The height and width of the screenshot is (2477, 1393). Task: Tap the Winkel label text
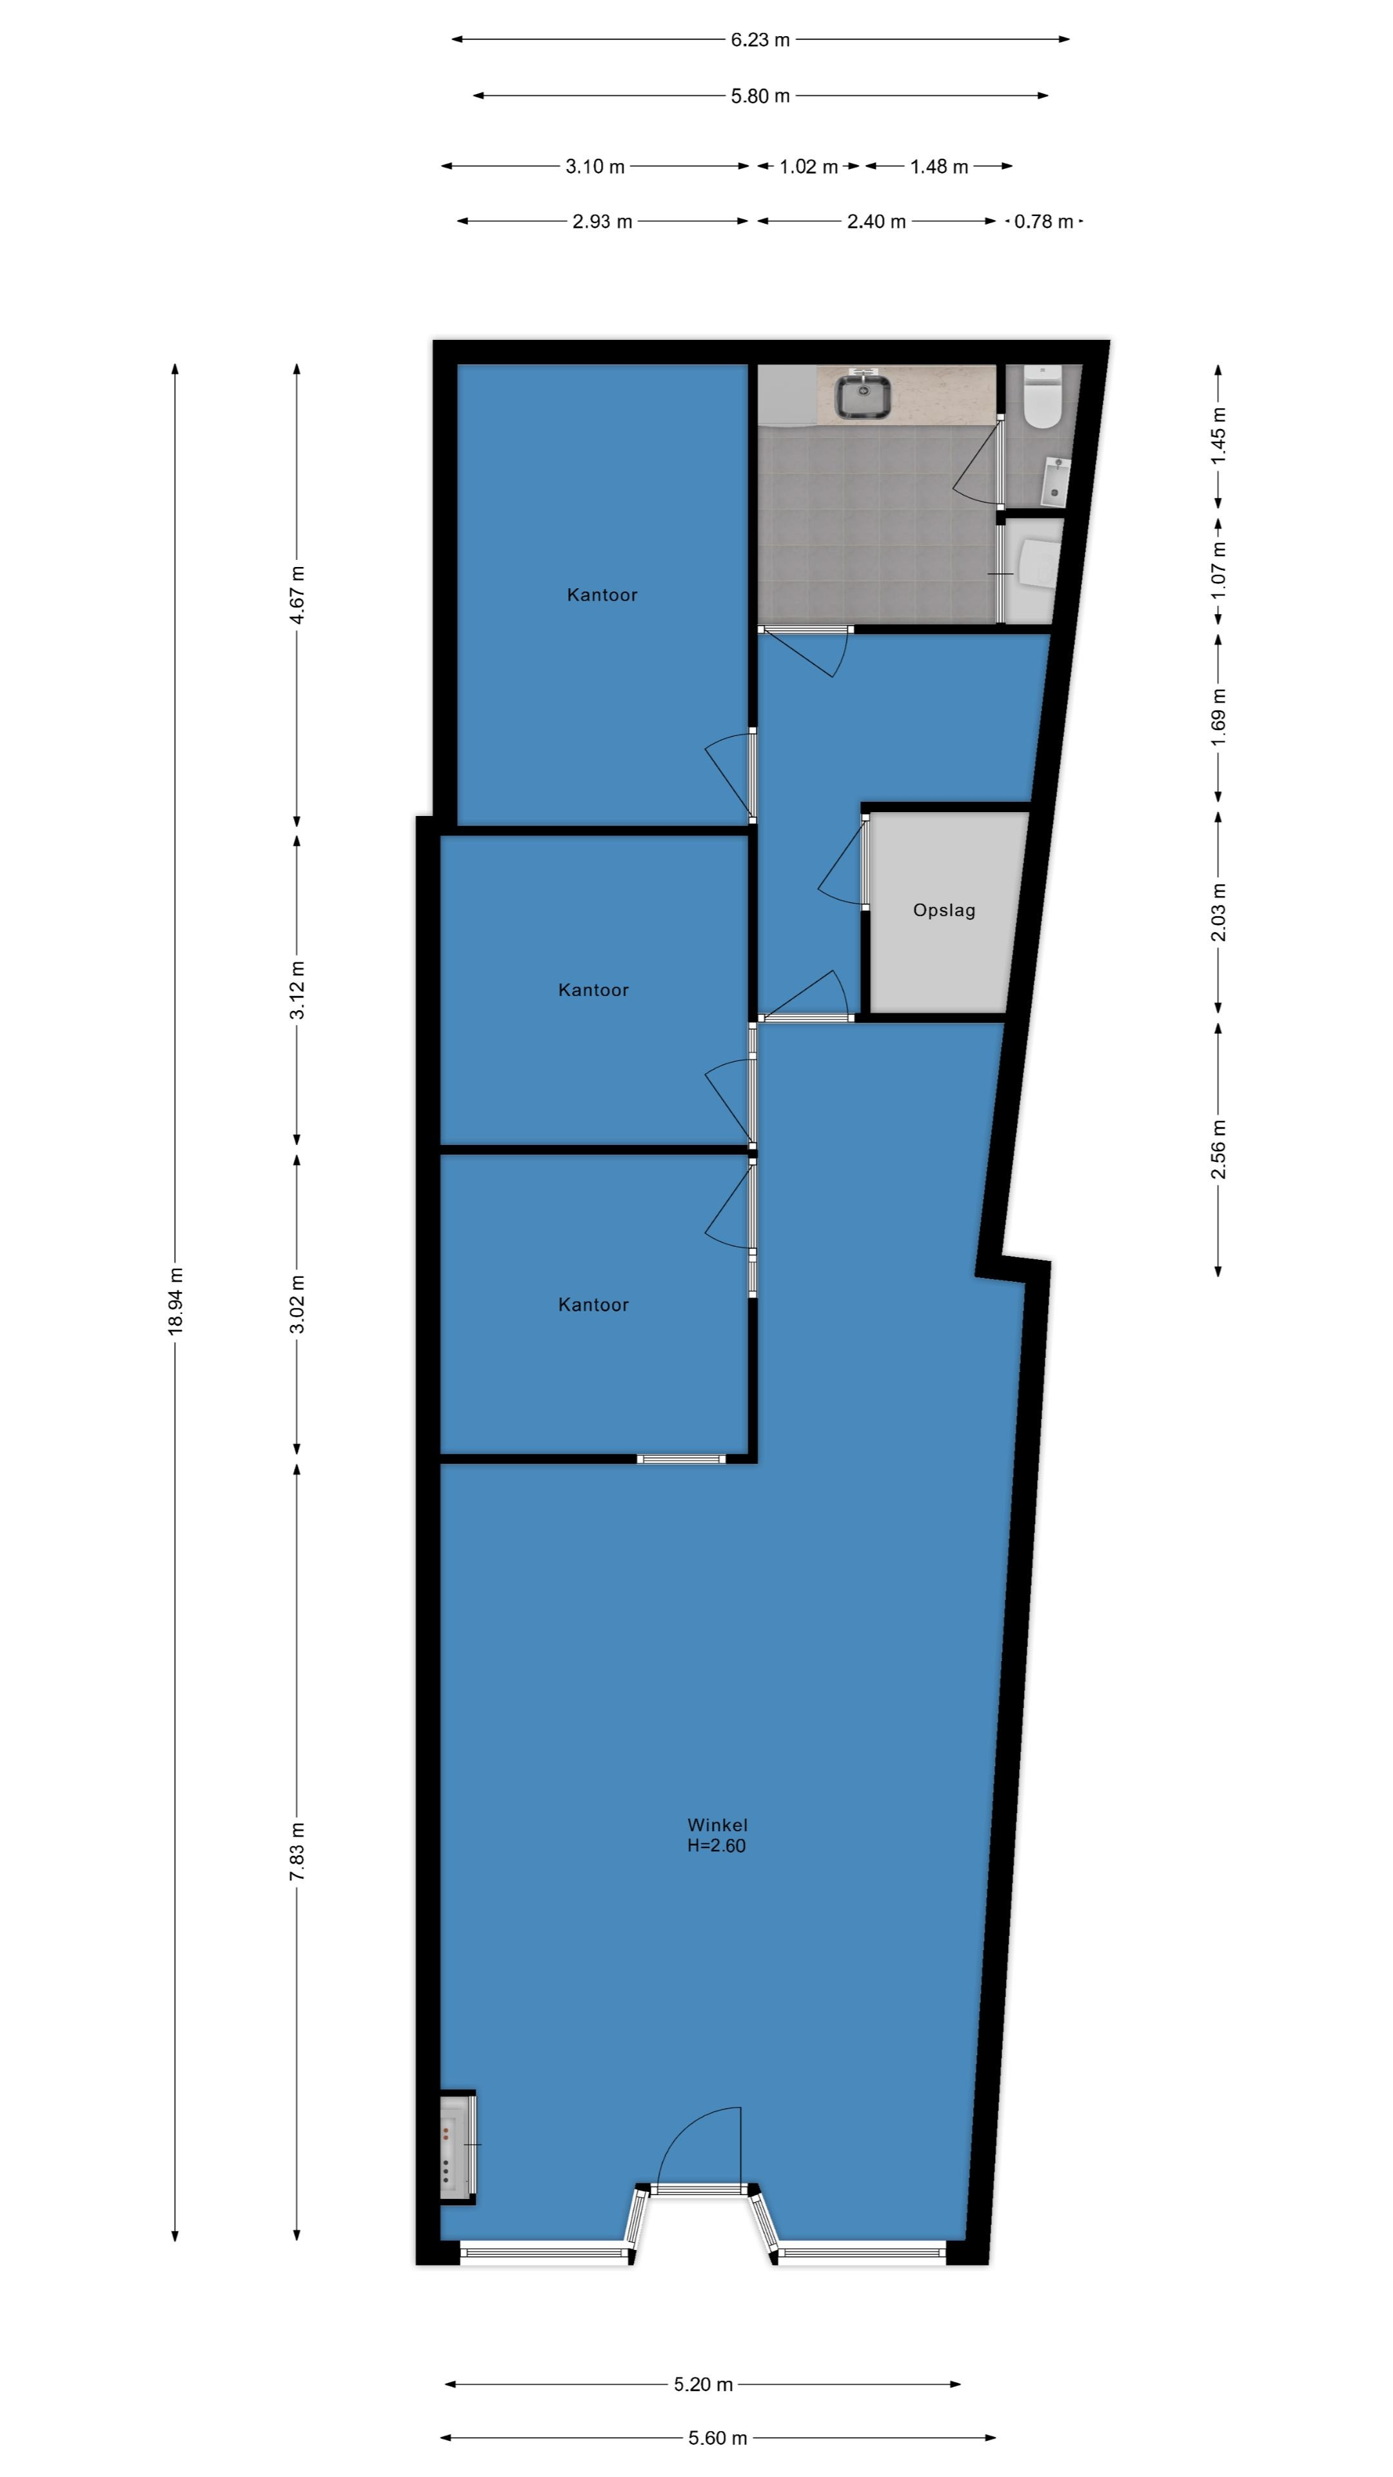click(x=717, y=1824)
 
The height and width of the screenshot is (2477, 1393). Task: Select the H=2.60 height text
click(x=716, y=1845)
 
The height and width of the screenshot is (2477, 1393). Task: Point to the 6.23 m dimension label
click(x=760, y=39)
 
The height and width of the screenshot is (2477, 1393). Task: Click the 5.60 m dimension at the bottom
click(x=717, y=2438)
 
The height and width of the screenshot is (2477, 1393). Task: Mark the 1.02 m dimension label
click(x=809, y=166)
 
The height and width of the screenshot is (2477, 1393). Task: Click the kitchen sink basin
click(x=862, y=395)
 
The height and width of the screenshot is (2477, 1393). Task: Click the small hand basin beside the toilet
click(x=1054, y=481)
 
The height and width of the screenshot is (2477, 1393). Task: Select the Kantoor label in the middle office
click(x=593, y=990)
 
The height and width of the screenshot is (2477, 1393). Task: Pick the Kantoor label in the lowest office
click(x=593, y=1305)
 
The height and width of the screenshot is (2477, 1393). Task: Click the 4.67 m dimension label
click(x=297, y=595)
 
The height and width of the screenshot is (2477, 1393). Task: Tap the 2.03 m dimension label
click(x=1218, y=913)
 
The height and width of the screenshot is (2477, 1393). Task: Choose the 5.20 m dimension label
click(x=703, y=2383)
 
